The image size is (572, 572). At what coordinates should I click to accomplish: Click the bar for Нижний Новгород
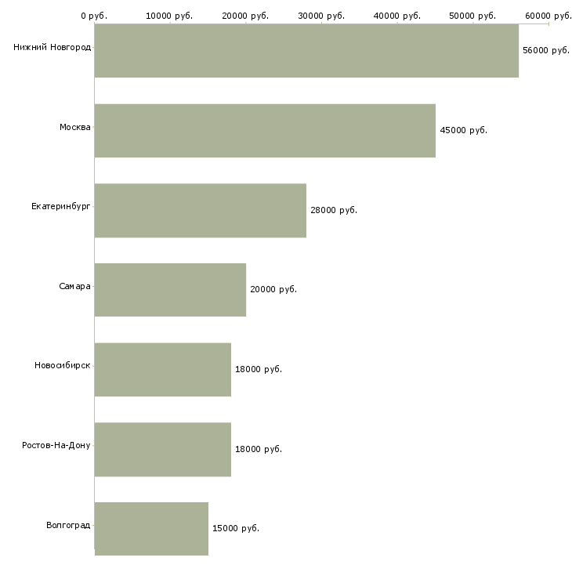pos(306,50)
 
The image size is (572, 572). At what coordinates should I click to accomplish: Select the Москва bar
pos(265,131)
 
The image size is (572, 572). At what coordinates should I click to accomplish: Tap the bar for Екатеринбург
pos(200,210)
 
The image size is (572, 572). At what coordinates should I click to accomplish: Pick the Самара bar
pos(170,290)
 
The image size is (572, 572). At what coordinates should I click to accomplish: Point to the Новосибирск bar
pos(162,369)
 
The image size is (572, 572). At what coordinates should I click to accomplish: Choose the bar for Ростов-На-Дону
pos(162,449)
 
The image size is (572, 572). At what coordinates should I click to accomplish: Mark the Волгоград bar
pos(151,528)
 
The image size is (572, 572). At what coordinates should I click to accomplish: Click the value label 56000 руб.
pos(546,50)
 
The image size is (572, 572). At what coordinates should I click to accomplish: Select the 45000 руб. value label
pos(464,131)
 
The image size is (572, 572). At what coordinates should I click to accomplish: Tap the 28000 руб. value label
pos(334,210)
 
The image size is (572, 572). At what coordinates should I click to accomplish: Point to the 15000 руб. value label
pos(236,528)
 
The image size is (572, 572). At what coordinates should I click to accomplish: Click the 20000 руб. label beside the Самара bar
pos(273,290)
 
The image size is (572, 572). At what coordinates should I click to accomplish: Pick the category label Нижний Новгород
pos(52,47)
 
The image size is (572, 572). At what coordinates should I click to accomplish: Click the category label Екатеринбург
pos(61,207)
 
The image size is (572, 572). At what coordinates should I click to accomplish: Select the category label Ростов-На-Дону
pos(56,445)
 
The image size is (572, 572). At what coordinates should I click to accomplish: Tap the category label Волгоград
pos(68,525)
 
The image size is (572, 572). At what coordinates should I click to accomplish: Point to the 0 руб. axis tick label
pos(94,16)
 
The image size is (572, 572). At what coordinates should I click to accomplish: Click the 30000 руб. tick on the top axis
pos(322,16)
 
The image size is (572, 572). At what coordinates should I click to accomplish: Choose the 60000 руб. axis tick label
pos(548,16)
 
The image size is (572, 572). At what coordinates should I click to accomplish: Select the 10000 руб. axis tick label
pos(170,16)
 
